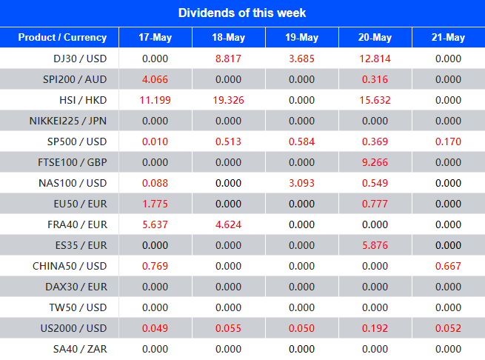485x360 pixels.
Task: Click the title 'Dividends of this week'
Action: pos(242,13)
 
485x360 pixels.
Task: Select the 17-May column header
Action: pos(155,38)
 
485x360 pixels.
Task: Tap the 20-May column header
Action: pos(375,38)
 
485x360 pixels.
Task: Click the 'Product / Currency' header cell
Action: pos(62,38)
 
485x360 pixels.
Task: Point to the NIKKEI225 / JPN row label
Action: pos(68,121)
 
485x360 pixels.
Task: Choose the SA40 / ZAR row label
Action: pos(82,349)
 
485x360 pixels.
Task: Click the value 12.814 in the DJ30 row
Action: pos(375,59)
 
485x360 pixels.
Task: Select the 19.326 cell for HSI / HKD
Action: pos(228,100)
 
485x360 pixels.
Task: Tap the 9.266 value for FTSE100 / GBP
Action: pos(375,162)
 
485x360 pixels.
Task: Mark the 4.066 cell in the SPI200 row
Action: pos(155,79)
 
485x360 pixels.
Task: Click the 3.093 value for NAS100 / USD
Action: pos(301,183)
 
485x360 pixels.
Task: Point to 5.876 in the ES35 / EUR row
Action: pos(375,245)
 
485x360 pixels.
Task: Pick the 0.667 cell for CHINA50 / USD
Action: pos(448,266)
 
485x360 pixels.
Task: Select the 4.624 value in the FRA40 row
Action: pos(228,224)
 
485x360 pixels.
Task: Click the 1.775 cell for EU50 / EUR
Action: pos(155,204)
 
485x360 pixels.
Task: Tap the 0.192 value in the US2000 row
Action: pos(375,328)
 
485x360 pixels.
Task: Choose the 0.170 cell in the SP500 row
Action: pos(448,141)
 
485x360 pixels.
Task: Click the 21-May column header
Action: pos(448,38)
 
